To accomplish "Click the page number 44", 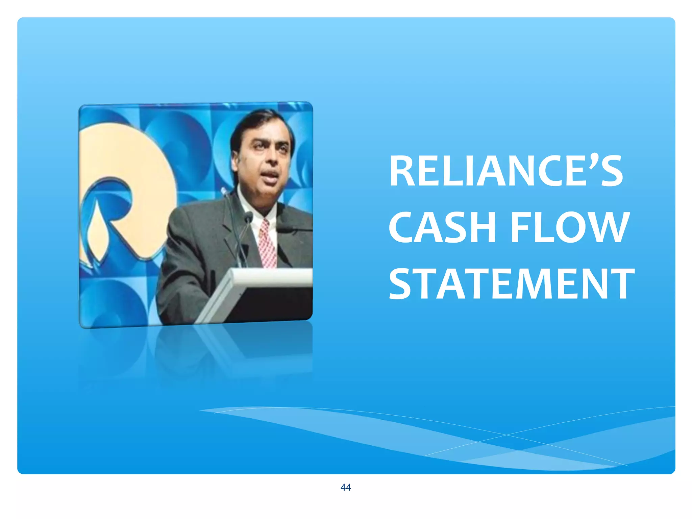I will pyautogui.click(x=346, y=487).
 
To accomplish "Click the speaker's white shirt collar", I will pyautogui.click(x=248, y=203).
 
